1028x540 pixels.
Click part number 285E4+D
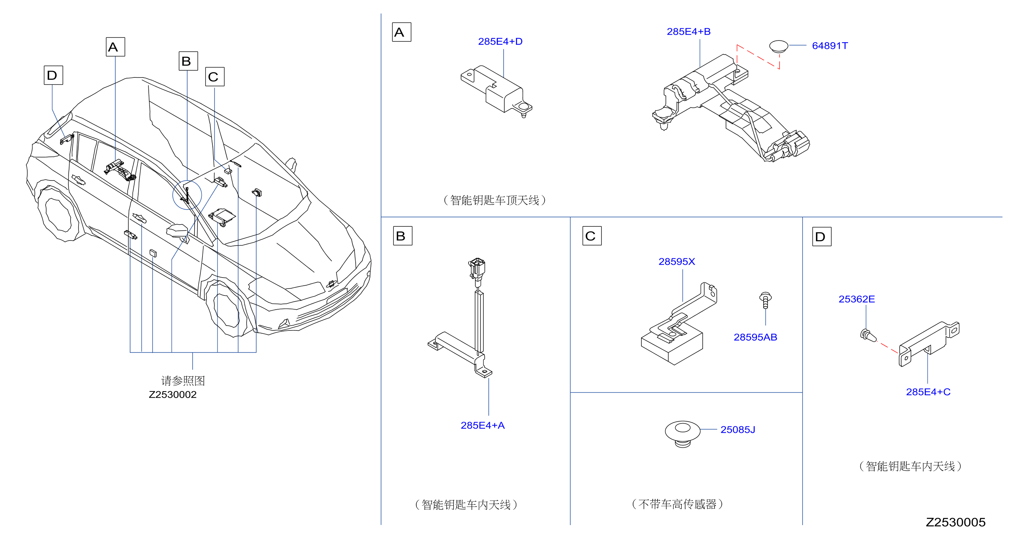click(x=500, y=41)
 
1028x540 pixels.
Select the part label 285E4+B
click(x=688, y=32)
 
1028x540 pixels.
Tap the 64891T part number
click(x=830, y=46)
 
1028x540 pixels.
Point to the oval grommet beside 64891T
click(x=778, y=46)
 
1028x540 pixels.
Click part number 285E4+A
click(x=483, y=425)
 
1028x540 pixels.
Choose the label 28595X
click(x=676, y=262)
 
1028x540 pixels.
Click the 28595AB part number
click(x=755, y=337)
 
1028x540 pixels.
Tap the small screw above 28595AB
click(x=765, y=300)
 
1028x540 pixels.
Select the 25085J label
click(x=737, y=430)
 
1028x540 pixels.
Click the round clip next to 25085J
click(x=683, y=433)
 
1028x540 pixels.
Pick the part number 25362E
click(x=856, y=299)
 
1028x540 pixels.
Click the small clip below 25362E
click(x=868, y=335)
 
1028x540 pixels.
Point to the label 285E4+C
click(x=928, y=392)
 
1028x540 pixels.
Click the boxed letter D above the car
click(x=53, y=75)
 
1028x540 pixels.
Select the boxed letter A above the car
click(x=115, y=47)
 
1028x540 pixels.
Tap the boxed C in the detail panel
click(x=592, y=236)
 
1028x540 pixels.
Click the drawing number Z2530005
click(x=955, y=522)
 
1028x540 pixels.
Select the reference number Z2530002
click(x=172, y=394)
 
